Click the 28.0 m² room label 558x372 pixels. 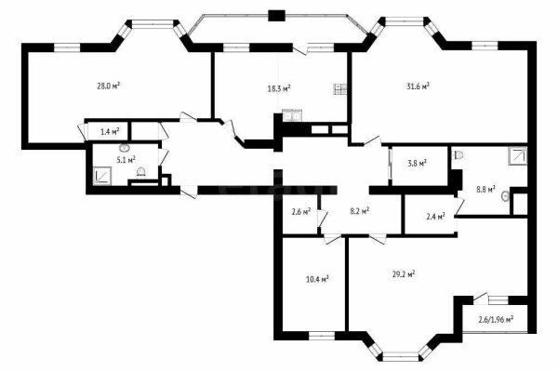tap(110, 86)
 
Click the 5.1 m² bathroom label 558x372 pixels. tap(126, 160)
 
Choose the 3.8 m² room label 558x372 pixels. tap(417, 164)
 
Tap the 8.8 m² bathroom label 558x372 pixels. tap(486, 189)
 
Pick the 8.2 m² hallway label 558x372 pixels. tap(359, 210)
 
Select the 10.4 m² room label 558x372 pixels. tap(316, 277)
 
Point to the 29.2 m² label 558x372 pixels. tap(403, 274)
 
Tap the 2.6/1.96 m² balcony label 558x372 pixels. tap(496, 320)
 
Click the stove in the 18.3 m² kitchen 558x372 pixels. tap(340, 89)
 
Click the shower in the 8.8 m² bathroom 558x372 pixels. tap(515, 157)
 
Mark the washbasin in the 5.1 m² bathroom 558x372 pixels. tap(124, 150)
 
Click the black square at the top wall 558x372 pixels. tap(275, 14)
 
